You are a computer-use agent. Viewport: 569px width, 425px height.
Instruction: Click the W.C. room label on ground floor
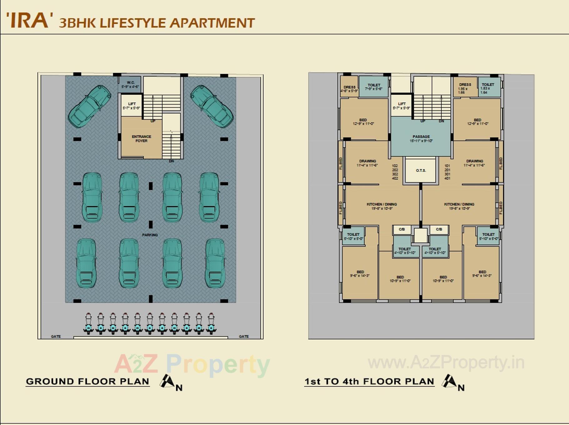[x=130, y=85]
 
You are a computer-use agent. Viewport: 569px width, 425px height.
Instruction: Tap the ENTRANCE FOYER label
[x=141, y=139]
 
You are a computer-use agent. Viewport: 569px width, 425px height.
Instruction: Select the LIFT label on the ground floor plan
[x=132, y=106]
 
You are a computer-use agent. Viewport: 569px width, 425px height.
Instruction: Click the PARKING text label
[x=150, y=235]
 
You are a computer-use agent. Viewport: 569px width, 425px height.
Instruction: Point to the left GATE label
[x=56, y=336]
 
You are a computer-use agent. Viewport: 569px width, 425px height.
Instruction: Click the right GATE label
[x=244, y=336]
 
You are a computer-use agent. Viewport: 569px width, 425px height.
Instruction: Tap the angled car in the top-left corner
[x=90, y=106]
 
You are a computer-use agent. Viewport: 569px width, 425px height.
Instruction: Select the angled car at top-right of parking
[x=212, y=106]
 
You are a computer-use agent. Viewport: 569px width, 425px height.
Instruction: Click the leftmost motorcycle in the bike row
[x=88, y=324]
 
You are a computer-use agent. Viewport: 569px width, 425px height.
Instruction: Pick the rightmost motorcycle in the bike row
[x=211, y=324]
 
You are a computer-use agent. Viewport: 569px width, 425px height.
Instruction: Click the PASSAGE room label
[x=421, y=139]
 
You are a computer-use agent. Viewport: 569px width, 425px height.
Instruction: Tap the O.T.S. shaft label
[x=421, y=170]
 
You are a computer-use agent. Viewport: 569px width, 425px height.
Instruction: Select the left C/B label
[x=402, y=230]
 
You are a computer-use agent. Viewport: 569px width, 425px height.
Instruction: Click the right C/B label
[x=439, y=230]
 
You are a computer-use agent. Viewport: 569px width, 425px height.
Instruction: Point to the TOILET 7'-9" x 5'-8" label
[x=374, y=87]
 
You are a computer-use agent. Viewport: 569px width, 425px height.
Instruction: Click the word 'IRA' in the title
[x=29, y=21]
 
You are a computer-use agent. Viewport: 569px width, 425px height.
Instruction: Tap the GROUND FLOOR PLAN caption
[x=87, y=381]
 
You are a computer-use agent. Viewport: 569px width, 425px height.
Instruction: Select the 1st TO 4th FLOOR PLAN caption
[x=369, y=381]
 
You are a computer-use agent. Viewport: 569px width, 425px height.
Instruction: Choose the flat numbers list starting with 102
[x=395, y=172]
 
